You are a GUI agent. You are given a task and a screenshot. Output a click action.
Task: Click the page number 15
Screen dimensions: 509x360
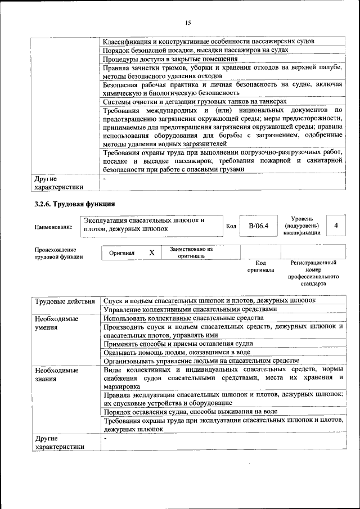[x=188, y=22]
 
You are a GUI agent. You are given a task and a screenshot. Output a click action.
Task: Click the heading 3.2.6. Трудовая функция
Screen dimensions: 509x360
[x=75, y=204]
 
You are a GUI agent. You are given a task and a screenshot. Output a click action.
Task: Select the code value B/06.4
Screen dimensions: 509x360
[x=259, y=226]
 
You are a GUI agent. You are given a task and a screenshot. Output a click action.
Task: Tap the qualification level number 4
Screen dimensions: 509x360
[x=336, y=225]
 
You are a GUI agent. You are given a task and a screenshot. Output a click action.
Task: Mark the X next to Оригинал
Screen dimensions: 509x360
[x=151, y=253]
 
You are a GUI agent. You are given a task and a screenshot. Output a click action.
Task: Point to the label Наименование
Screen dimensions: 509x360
[x=53, y=227]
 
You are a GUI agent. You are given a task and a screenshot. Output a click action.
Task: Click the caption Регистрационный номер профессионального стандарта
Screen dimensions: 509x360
[x=313, y=273]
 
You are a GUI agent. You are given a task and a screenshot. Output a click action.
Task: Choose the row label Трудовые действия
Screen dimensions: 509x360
[x=65, y=301]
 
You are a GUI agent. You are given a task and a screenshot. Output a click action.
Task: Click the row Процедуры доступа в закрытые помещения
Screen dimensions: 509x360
[x=170, y=59]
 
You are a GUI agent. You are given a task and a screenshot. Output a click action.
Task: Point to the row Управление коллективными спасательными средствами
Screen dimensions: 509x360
[x=191, y=309]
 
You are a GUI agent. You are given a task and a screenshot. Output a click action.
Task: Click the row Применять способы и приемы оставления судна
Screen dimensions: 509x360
[x=178, y=343]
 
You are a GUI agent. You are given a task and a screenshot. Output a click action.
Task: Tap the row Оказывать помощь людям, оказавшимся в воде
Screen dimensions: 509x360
[x=177, y=352]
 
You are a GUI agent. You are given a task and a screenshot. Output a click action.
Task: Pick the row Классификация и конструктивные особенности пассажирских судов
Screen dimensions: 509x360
[x=209, y=41]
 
